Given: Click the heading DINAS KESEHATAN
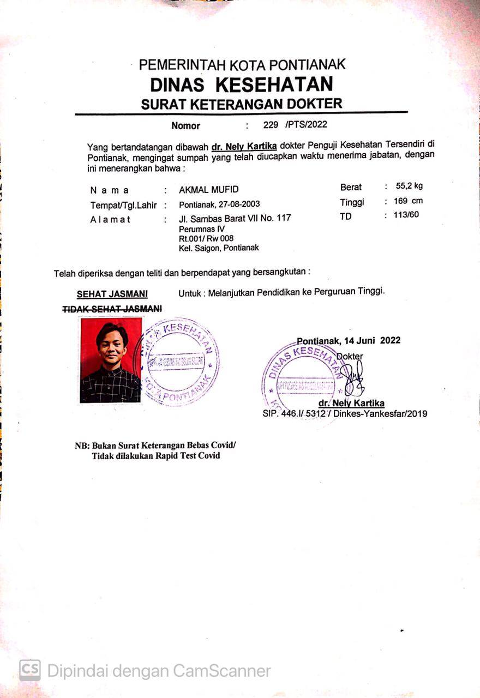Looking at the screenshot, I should tap(241, 85).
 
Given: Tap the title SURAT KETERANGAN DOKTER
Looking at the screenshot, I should tap(241, 104).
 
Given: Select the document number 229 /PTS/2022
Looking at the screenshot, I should tap(295, 124).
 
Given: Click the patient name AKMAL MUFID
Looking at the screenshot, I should tap(209, 190).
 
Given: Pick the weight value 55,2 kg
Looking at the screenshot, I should tap(409, 186).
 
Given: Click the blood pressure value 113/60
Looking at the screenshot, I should tap(406, 214).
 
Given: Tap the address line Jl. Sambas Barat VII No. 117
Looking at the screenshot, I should tap(235, 218).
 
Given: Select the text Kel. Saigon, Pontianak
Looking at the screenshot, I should tap(219, 248).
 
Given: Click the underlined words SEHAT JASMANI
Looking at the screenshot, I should tap(112, 294).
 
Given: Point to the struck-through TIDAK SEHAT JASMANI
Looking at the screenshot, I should tap(112, 309).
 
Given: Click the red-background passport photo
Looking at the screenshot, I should tap(111, 360).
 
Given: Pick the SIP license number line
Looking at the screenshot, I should tap(345, 414).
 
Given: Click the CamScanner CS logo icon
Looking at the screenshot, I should tap(30, 670).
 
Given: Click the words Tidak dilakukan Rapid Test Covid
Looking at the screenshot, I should tap(155, 455).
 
